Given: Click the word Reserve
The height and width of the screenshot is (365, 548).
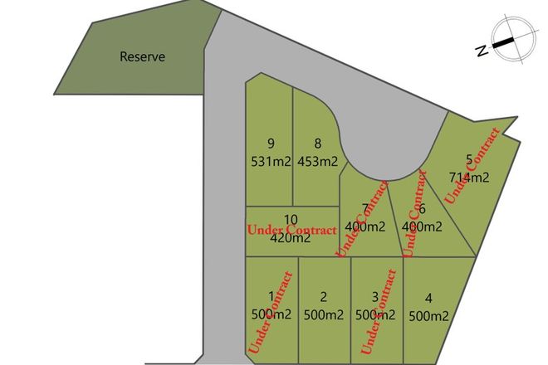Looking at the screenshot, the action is pos(143,57).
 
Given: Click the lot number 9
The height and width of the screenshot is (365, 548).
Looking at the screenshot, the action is pos(271,143).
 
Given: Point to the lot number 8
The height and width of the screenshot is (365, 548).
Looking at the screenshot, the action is pos(317,143).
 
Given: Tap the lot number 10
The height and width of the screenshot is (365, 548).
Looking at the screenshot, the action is pos(291,219).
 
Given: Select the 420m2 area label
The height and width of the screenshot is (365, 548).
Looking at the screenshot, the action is pos(291,237).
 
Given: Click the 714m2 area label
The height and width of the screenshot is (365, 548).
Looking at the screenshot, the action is pos(470,177).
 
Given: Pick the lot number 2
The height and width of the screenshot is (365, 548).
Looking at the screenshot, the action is pos(324,296).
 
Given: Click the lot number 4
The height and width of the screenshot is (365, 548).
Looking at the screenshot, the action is pos(428,297).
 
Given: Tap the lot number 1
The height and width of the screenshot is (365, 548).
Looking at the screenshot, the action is pos(271,296).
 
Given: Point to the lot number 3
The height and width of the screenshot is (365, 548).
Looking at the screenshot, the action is pos(375,296).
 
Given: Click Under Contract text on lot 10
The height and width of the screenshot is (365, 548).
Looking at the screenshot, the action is pos(292,228).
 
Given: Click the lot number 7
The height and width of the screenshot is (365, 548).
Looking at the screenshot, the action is pos(365,207).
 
